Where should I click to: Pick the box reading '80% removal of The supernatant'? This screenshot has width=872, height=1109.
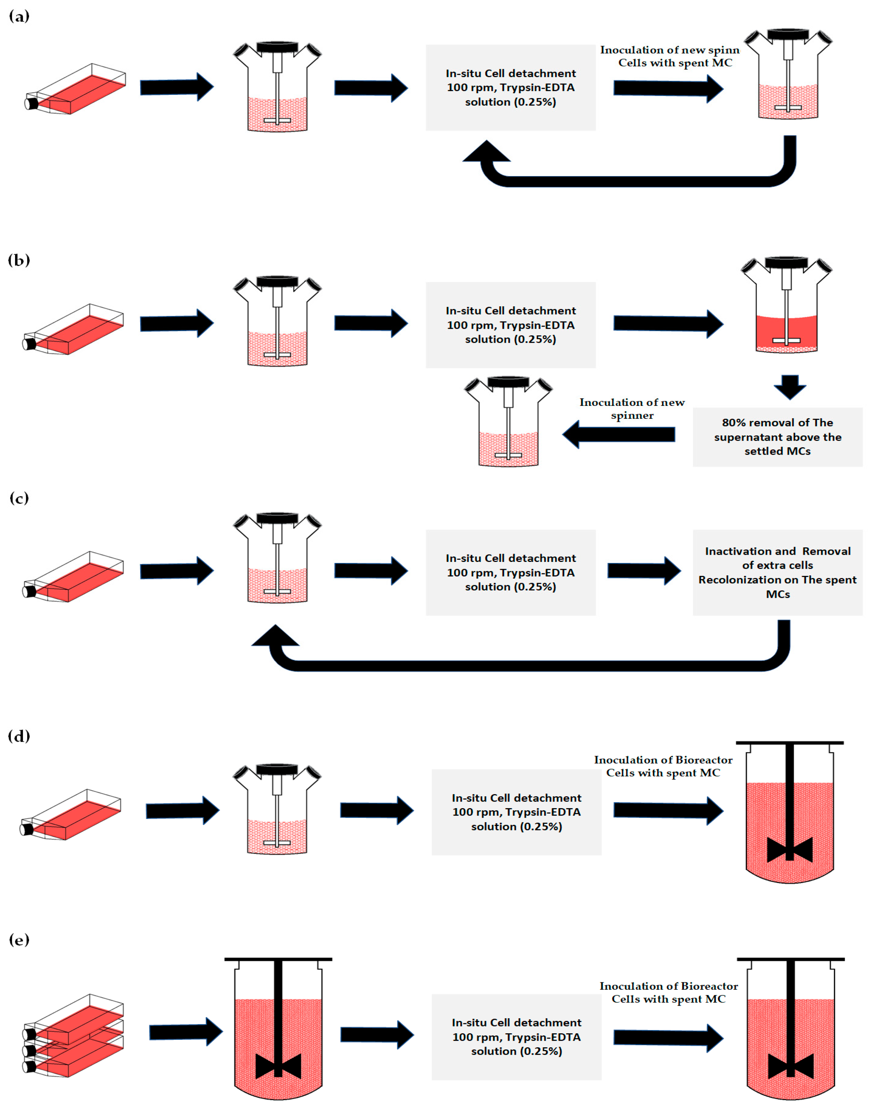(777, 437)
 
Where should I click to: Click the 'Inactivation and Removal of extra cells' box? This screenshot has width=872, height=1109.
(777, 572)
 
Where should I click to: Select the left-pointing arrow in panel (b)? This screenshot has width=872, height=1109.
(619, 434)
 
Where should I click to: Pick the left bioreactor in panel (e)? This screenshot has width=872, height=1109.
(278, 1029)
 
